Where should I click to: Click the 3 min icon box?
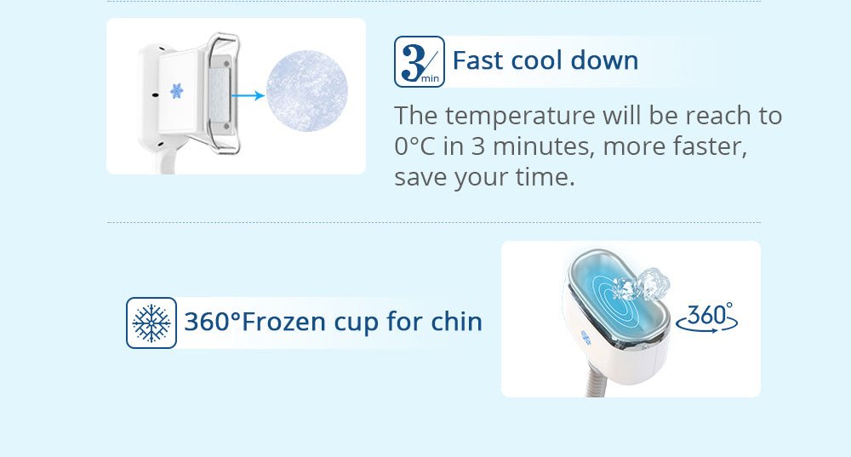pyautogui.click(x=420, y=61)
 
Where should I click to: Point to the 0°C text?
pyautogui.click(x=415, y=146)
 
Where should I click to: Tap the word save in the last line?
pyautogui.click(x=420, y=178)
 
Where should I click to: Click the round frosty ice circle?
pyautogui.click(x=306, y=91)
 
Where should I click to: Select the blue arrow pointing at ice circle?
pyautogui.click(x=248, y=95)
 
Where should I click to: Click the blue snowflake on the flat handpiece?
pyautogui.click(x=176, y=91)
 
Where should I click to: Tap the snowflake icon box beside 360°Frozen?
pyautogui.click(x=151, y=323)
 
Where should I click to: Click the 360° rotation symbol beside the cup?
pyautogui.click(x=707, y=317)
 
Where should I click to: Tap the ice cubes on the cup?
pyautogui.click(x=642, y=284)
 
